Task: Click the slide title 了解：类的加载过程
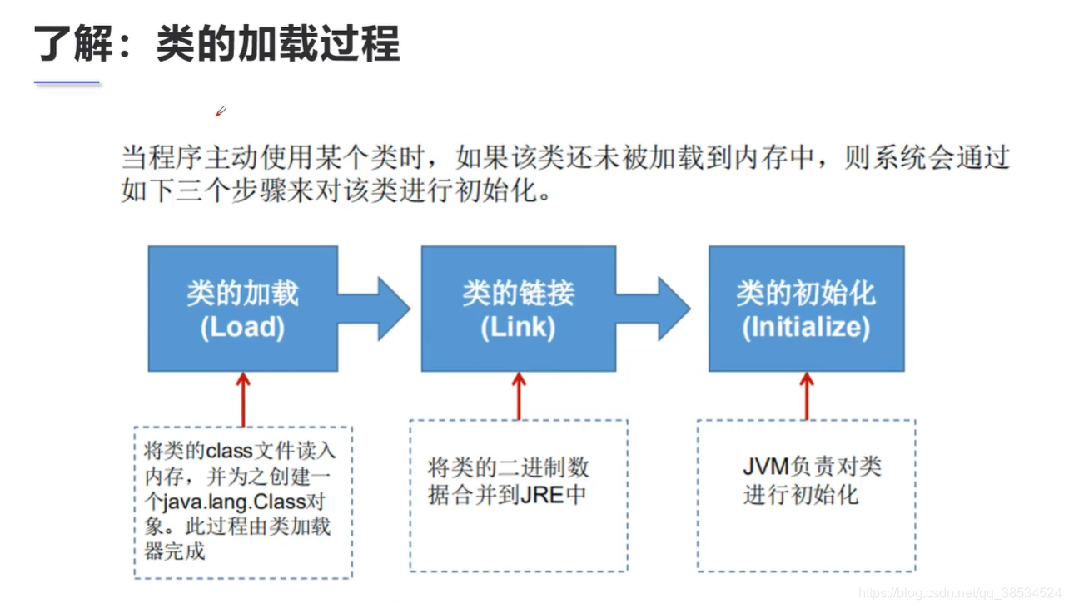(x=216, y=43)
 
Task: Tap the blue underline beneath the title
(x=67, y=83)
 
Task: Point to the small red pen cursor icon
(x=221, y=111)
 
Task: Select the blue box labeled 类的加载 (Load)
(x=242, y=309)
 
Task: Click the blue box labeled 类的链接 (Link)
(x=518, y=309)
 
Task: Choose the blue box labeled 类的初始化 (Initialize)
(x=806, y=309)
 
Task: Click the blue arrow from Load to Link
(x=379, y=309)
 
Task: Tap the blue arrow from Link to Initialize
(x=658, y=309)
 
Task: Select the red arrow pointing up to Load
(x=243, y=399)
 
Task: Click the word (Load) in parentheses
(x=242, y=327)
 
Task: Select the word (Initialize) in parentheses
(x=806, y=327)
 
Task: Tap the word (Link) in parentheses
(x=518, y=327)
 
